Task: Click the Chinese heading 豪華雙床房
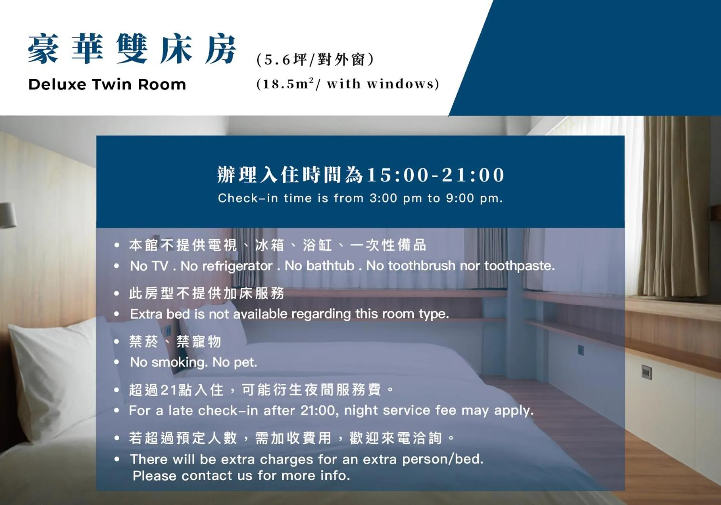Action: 132,49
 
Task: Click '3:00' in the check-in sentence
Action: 383,198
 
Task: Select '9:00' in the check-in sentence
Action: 460,198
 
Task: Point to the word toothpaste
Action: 519,266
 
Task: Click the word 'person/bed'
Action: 442,459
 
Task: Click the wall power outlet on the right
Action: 646,372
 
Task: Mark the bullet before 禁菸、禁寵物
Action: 117,341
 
